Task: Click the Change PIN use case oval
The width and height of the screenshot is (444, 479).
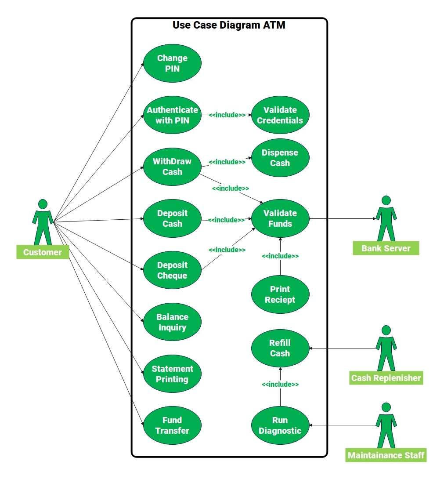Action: click(x=172, y=63)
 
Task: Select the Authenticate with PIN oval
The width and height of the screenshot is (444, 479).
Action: click(x=172, y=115)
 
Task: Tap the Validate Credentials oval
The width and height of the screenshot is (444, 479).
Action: click(x=280, y=115)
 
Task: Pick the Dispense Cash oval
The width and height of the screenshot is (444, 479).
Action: click(x=280, y=158)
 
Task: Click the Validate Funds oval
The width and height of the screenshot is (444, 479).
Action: click(x=280, y=218)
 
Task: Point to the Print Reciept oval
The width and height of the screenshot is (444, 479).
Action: click(x=280, y=294)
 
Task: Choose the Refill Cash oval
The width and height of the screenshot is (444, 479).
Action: click(x=280, y=348)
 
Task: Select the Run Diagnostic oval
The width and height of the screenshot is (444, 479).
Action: click(x=280, y=425)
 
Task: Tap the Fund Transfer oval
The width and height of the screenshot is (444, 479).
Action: click(x=172, y=425)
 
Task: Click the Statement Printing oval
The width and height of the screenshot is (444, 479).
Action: click(x=172, y=374)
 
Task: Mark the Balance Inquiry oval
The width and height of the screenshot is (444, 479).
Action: click(x=172, y=322)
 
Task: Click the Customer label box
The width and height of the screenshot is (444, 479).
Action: click(x=43, y=252)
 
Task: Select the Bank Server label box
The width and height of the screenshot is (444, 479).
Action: click(x=386, y=248)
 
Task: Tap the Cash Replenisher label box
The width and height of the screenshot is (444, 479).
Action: click(x=386, y=378)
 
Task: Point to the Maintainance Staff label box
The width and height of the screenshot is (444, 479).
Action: click(x=386, y=455)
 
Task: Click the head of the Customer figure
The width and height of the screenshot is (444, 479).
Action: click(x=43, y=204)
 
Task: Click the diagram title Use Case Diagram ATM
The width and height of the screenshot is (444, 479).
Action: click(x=229, y=25)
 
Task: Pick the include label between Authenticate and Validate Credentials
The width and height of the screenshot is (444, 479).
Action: click(x=227, y=115)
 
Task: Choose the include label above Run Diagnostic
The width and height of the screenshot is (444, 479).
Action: click(x=280, y=385)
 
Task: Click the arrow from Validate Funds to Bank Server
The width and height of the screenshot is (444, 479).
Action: click(x=343, y=218)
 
